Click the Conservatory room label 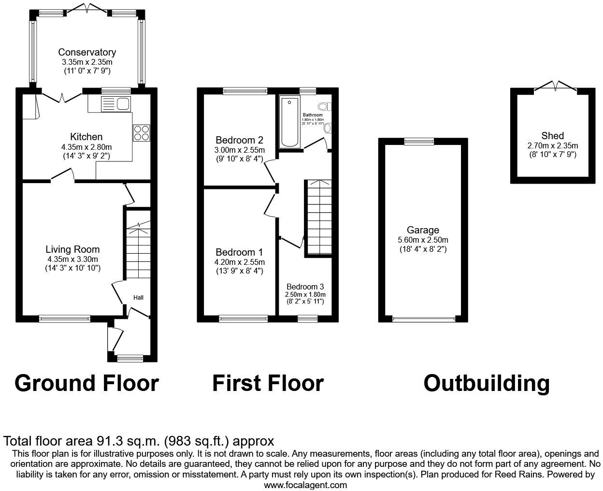87,52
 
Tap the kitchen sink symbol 116,104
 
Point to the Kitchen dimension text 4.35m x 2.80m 87,147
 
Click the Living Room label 72,249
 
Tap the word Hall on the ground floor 138,298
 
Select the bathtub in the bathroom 290,122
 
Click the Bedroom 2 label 239,141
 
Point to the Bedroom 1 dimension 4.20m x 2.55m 240,262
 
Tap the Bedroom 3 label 305,287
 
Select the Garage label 423,230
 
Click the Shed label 552,136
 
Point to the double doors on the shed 556,87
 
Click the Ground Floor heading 86,383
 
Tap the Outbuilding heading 487,383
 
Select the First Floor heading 268,383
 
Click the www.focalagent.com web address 305,485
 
